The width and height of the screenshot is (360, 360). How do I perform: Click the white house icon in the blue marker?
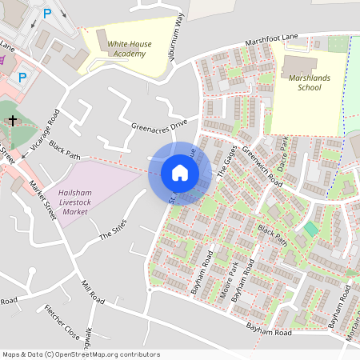tap(180, 172)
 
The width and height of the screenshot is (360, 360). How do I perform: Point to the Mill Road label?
tap(93, 293)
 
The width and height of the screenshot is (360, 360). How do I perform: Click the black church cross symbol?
tap(12, 121)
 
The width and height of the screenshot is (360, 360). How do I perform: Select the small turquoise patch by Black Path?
tap(310, 230)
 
